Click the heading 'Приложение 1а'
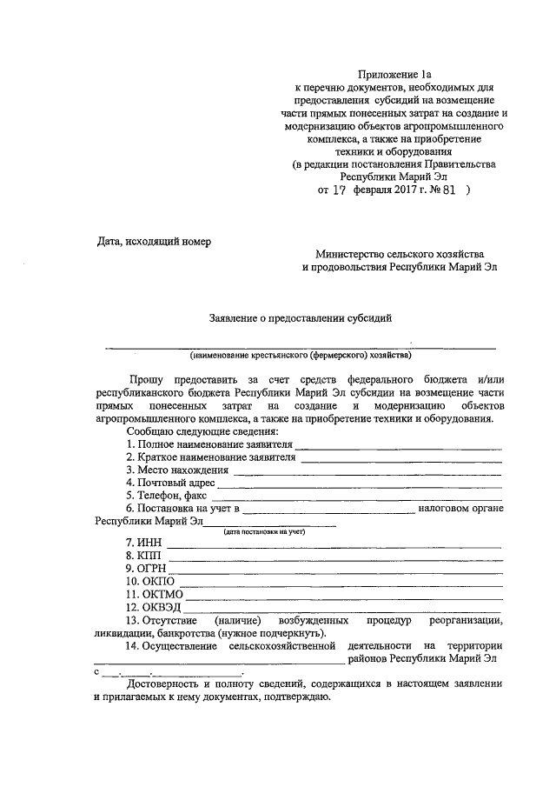(x=395, y=77)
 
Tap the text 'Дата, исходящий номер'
(x=153, y=241)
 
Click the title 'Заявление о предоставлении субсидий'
(x=301, y=317)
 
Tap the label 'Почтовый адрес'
(x=175, y=483)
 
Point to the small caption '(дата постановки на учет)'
(x=265, y=530)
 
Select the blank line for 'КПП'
(x=334, y=558)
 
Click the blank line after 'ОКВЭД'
(x=343, y=610)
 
